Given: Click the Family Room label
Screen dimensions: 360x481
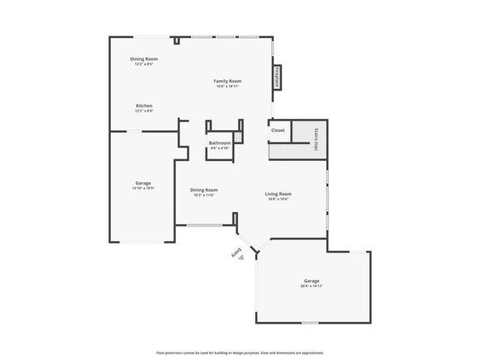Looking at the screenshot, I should tap(228, 81).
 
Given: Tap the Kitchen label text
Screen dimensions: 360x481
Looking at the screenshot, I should tap(144, 105).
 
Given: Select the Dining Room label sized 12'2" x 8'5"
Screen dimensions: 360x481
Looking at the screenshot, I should tap(144, 59).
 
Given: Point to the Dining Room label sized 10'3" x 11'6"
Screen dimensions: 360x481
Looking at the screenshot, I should tap(204, 190).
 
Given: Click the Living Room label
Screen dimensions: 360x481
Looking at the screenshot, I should tap(279, 193).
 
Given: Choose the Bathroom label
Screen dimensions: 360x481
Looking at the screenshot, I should tap(220, 143).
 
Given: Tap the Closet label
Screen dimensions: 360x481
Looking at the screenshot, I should tap(278, 129).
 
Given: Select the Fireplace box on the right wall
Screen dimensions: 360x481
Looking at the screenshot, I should tap(277, 77).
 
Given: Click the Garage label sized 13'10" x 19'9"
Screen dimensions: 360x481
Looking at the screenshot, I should tap(143, 183).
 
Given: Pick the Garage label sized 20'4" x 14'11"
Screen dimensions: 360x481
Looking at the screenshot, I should tap(313, 281).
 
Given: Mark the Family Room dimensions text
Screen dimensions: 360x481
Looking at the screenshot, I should tap(228, 87).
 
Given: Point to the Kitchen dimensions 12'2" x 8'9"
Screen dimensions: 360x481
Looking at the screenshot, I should tap(144, 111).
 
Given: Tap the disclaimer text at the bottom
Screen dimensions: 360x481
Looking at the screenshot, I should tap(240, 353).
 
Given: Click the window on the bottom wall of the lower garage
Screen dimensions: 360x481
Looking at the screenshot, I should tap(309, 324).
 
